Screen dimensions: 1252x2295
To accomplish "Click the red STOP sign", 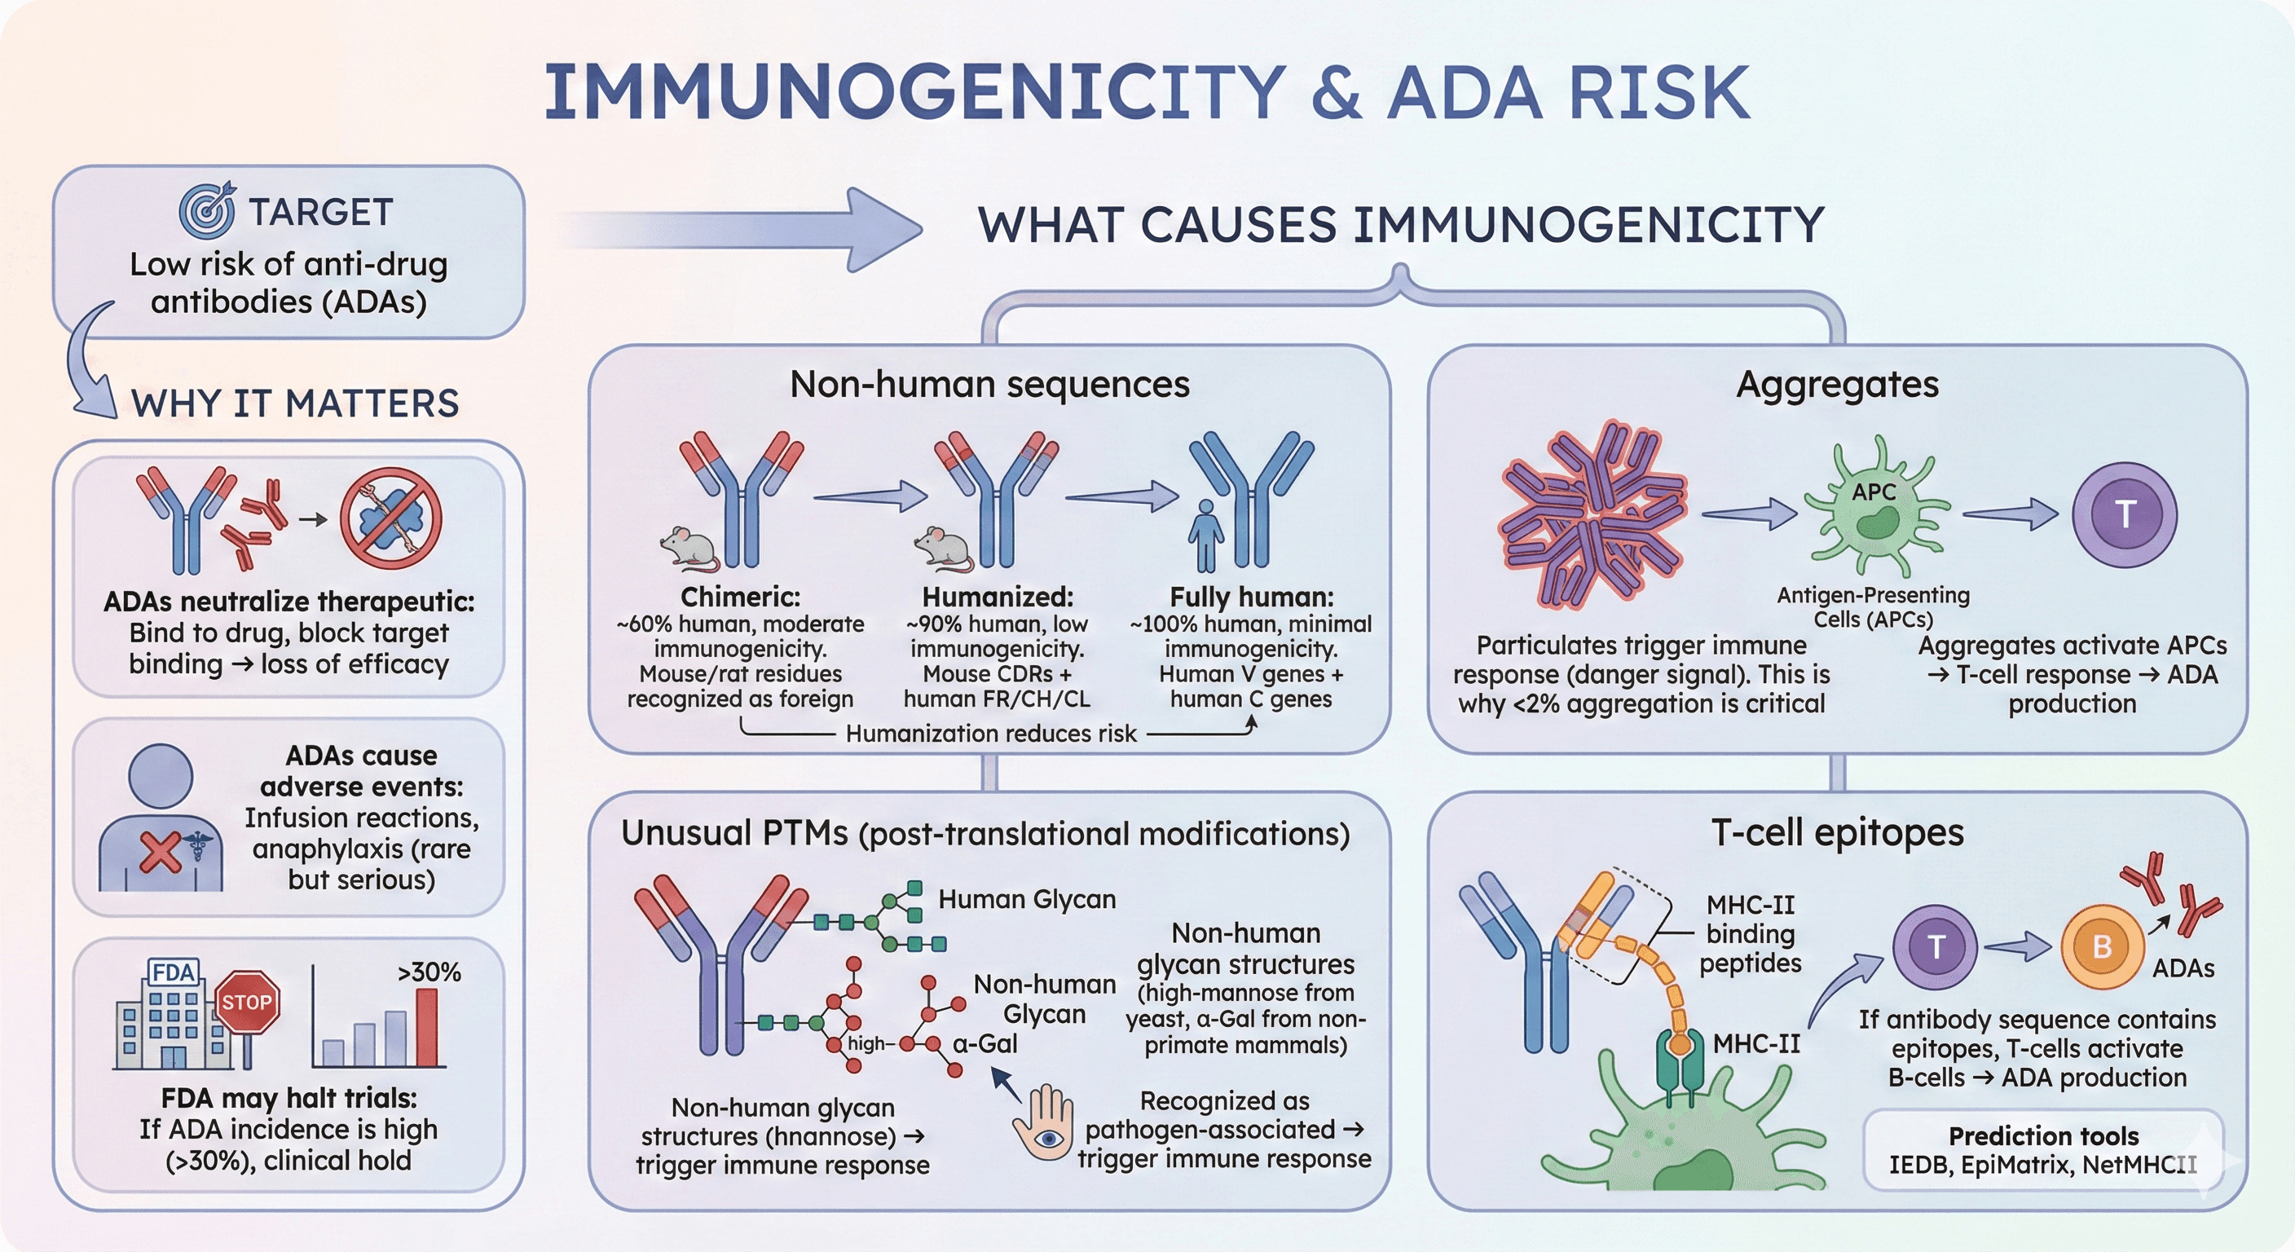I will point(247,1002).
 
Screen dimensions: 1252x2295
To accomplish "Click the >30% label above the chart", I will point(429,972).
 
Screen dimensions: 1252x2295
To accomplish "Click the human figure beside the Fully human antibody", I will point(1205,535).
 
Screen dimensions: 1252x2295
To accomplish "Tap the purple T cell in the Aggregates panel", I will point(2124,515).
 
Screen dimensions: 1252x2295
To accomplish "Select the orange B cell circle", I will point(2102,947).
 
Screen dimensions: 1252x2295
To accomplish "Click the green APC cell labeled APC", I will point(1875,508).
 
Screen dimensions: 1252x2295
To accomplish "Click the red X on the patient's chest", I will point(161,853).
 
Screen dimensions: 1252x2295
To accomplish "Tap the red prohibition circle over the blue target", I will point(390,518).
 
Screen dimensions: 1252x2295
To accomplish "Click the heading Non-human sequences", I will point(989,384).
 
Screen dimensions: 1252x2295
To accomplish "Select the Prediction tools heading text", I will point(2043,1136).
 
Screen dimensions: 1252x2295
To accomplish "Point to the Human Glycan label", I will point(1026,899).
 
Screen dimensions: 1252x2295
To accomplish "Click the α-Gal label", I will point(985,1043).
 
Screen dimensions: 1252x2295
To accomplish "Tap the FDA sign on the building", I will point(173,972).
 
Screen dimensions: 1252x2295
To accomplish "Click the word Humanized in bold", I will point(997,596).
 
